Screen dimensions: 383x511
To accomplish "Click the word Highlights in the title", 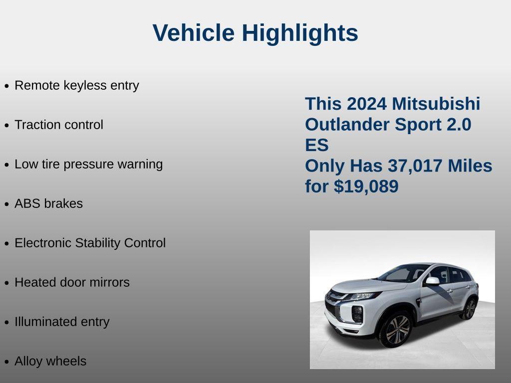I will pos(300,33).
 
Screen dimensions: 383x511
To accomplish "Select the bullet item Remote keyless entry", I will pos(77,85).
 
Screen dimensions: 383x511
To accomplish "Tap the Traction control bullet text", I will pos(59,125).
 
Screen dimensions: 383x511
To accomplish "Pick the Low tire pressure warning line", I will pos(89,164).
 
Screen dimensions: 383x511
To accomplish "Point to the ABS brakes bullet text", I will pos(49,203).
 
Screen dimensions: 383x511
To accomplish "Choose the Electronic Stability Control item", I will pos(90,243).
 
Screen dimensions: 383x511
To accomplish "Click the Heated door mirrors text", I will pos(72,282).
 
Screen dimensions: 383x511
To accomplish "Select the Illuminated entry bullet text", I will pos(62,322).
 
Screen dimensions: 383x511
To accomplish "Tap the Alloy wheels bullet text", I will pos(50,361).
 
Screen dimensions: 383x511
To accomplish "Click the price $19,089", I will pos(366,187).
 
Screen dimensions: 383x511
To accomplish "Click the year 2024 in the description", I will pos(367,104).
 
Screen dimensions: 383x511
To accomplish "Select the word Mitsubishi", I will pos(436,104).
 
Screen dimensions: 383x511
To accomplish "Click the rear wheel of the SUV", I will pos(469,309).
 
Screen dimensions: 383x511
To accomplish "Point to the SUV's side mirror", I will pos(432,281).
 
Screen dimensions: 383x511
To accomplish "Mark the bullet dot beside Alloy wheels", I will pos(6,362).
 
